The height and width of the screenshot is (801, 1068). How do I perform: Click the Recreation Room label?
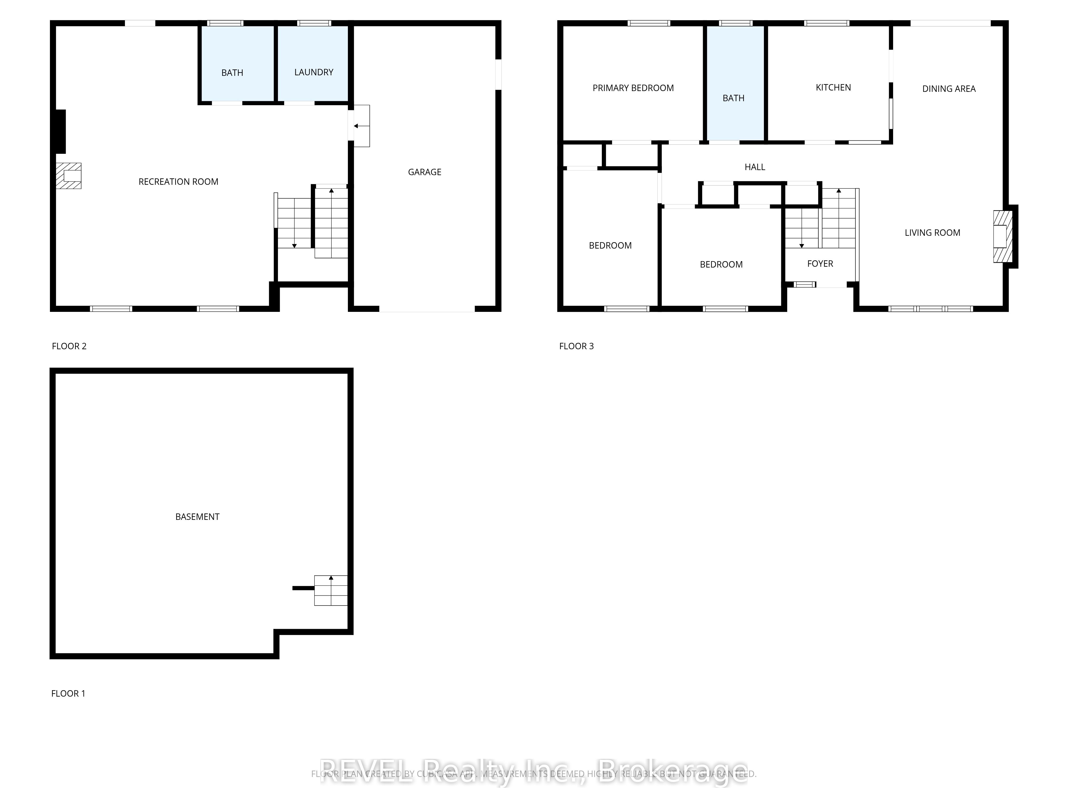[178, 182]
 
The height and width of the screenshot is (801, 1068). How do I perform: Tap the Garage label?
[425, 172]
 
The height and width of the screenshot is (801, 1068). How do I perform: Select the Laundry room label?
[314, 72]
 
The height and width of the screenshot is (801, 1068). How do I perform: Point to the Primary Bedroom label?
[633, 88]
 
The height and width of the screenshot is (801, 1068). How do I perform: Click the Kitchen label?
[833, 87]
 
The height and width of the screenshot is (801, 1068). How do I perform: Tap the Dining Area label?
[949, 89]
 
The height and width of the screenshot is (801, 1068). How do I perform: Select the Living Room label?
[932, 233]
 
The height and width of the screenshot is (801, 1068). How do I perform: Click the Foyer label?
[820, 264]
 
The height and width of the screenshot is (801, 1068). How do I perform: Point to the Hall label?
[755, 167]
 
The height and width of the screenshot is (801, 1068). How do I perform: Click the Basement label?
[197, 517]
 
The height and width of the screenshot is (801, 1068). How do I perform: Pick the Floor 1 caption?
[68, 693]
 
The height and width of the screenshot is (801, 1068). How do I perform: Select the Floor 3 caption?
[576, 346]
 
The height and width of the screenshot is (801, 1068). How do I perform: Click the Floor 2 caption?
[69, 346]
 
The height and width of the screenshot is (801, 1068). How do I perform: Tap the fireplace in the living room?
[1002, 237]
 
